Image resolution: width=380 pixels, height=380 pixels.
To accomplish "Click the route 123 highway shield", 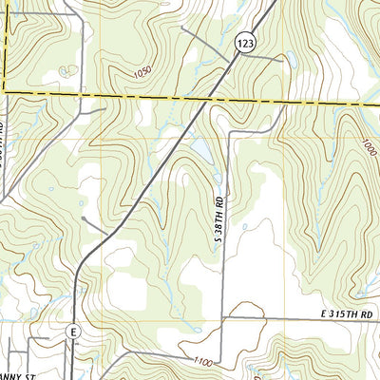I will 245,43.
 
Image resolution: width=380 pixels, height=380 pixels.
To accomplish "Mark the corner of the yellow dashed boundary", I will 6,90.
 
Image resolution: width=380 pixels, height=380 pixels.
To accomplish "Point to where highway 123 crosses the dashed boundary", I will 213,98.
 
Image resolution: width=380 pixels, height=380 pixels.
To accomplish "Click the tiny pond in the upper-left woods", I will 65,69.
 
